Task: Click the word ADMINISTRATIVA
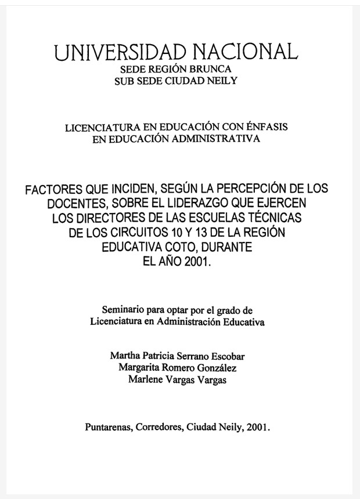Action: click(215, 139)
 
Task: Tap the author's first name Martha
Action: click(124, 356)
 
